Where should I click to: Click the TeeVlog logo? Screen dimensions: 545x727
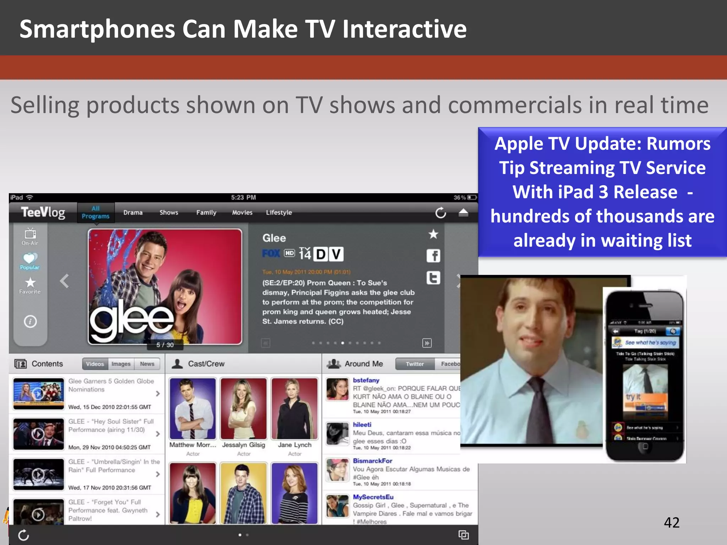click(43, 213)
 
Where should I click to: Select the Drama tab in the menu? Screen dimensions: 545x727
click(133, 213)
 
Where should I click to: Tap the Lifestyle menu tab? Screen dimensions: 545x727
click(279, 213)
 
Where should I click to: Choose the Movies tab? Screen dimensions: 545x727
click(242, 213)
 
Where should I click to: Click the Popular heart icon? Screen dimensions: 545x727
click(30, 258)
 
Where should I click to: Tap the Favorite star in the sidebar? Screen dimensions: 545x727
click(30, 283)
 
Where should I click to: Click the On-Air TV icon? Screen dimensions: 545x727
click(30, 234)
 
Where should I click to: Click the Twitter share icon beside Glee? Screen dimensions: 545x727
click(433, 278)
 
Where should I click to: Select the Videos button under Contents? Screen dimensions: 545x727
click(95, 364)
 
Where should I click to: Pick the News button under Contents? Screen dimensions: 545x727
click(147, 364)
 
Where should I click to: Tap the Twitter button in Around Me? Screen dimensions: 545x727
click(415, 364)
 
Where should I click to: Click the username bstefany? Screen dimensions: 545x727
click(366, 380)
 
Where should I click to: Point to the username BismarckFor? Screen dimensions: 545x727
click(372, 461)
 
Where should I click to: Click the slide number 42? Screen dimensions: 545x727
click(672, 522)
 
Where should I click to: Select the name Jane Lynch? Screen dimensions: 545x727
click(295, 445)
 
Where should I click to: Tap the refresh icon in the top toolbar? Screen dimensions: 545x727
click(441, 213)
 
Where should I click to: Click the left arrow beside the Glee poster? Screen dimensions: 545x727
click(64, 281)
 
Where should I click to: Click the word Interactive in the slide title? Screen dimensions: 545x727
click(404, 29)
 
